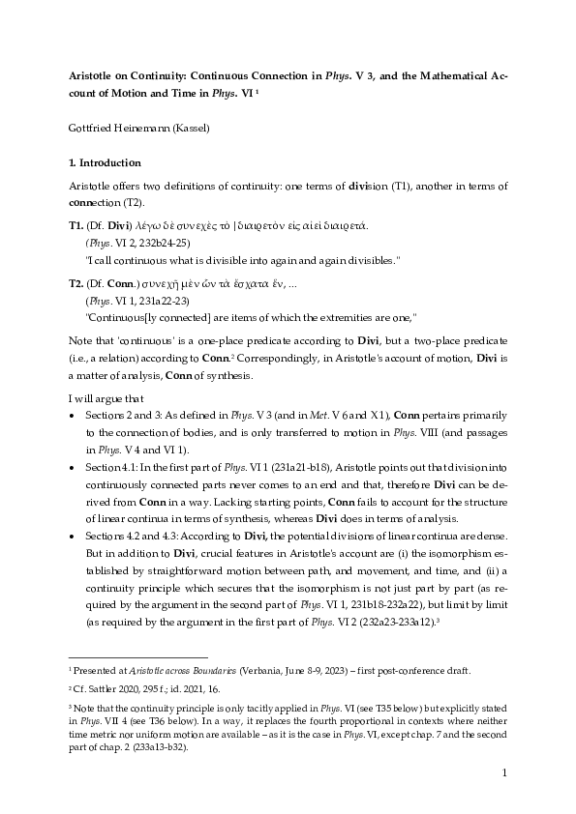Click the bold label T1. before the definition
(x=76, y=225)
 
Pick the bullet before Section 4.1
(x=74, y=467)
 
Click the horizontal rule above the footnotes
(x=138, y=656)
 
